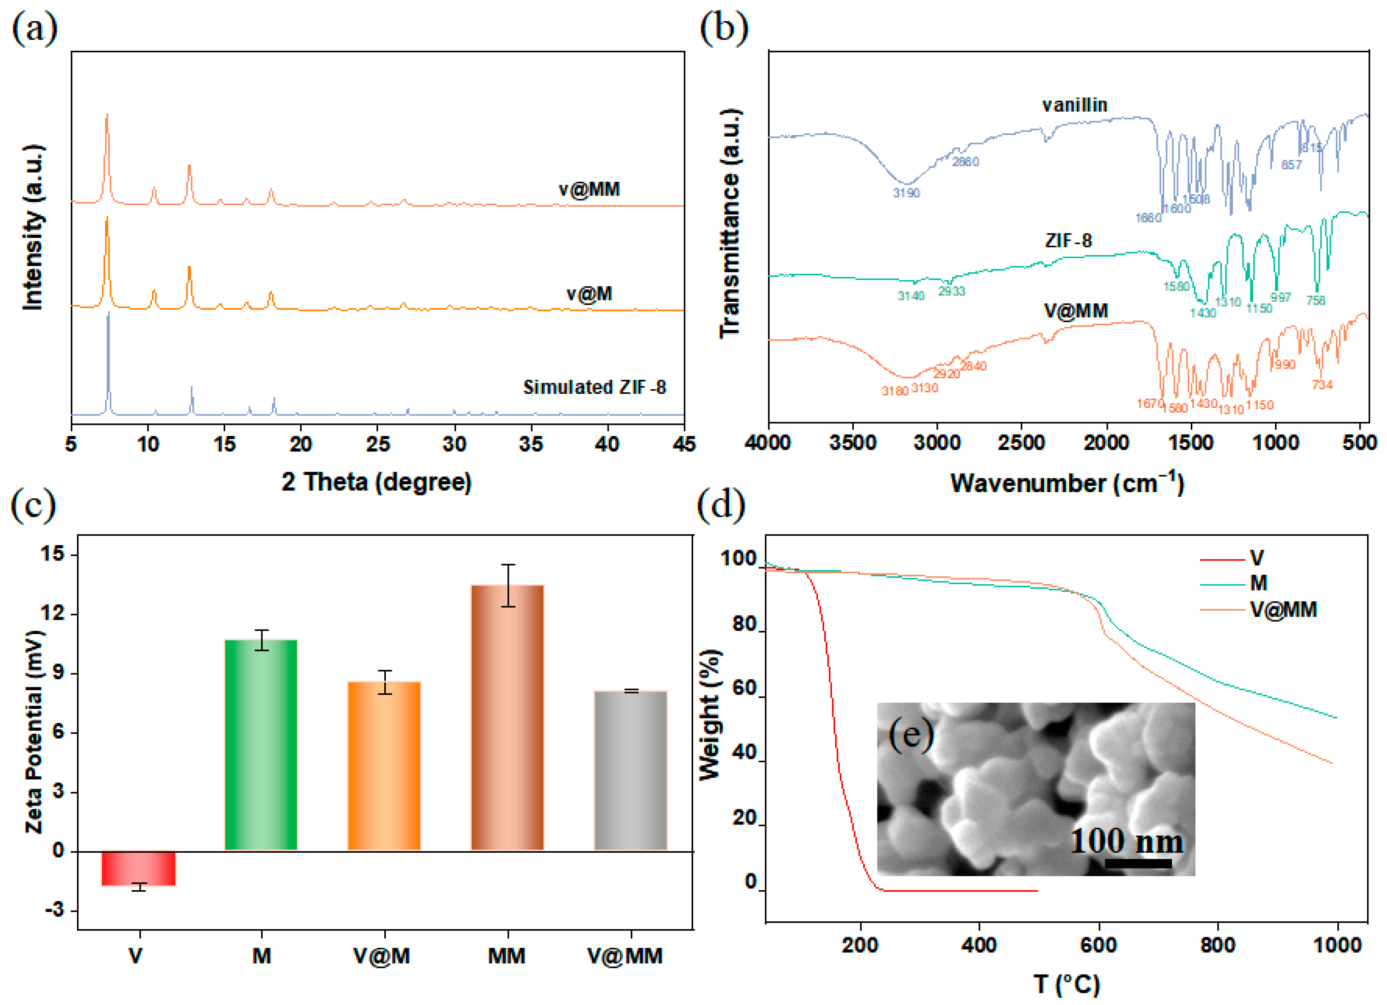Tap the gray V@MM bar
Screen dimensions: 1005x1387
click(631, 770)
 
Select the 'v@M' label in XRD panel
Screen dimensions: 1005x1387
click(589, 294)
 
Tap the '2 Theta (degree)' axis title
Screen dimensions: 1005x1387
click(377, 482)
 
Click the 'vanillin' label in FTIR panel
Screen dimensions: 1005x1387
click(1074, 105)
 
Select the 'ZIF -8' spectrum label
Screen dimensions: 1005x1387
click(1068, 241)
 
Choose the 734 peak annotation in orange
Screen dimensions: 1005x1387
click(1322, 385)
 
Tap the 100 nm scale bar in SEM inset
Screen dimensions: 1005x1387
click(1138, 864)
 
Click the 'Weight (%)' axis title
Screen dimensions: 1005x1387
click(709, 715)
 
